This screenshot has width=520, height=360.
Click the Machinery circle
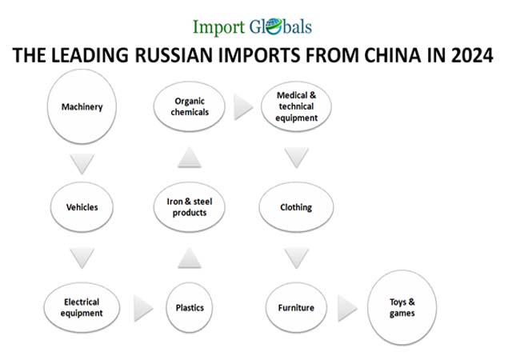(x=82, y=107)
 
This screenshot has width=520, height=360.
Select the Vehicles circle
(x=82, y=207)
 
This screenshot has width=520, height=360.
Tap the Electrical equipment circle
(x=82, y=307)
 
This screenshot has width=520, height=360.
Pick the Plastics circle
(x=190, y=307)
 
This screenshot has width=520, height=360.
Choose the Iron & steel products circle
(x=190, y=207)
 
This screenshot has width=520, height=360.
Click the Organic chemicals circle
(x=190, y=107)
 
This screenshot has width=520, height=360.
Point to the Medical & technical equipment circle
(x=297, y=107)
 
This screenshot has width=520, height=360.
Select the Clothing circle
(x=297, y=207)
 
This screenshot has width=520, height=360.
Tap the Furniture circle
(x=297, y=307)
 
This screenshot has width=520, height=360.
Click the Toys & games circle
(x=402, y=306)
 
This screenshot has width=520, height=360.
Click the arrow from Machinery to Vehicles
(x=82, y=162)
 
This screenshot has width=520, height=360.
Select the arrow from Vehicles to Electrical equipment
(x=82, y=258)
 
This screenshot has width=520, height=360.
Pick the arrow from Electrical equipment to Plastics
(x=142, y=307)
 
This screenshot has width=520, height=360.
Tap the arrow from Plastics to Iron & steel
(x=190, y=258)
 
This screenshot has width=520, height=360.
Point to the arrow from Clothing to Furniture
(x=297, y=258)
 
